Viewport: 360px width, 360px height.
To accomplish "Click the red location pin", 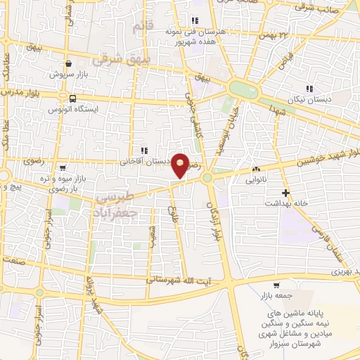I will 180,165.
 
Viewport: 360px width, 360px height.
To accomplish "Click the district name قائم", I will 141,27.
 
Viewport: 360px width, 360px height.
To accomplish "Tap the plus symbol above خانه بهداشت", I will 285,192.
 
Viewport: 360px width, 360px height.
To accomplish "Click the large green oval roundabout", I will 242,89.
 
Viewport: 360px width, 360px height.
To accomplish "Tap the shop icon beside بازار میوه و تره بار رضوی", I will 64,167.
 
